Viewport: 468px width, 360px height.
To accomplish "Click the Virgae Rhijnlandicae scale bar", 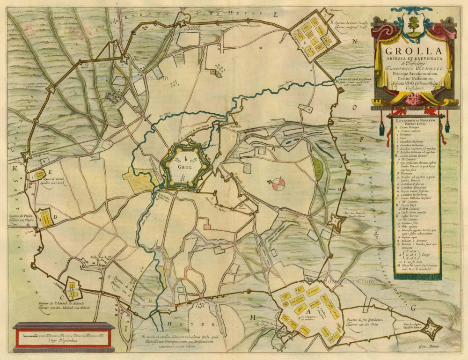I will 63,335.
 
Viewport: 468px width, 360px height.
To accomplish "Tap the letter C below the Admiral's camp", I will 61,296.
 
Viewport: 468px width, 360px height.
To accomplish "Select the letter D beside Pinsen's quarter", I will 55,216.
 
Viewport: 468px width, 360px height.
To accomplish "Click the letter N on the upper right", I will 355,41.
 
